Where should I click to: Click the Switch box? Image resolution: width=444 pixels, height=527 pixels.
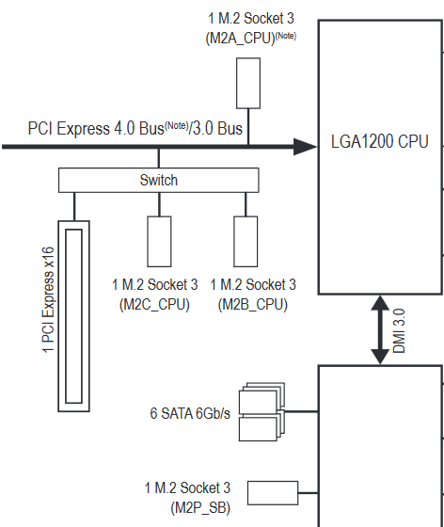click(x=159, y=180)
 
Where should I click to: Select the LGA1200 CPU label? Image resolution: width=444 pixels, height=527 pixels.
click(x=379, y=141)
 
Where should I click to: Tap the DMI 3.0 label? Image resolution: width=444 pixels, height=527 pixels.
click(x=399, y=331)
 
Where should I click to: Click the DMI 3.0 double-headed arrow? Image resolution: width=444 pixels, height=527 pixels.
click(x=380, y=329)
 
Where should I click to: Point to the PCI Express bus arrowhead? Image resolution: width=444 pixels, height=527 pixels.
click(x=305, y=147)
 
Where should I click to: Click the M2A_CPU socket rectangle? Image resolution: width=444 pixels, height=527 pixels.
click(x=248, y=83)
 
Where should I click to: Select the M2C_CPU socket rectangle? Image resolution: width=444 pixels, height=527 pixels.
click(x=159, y=241)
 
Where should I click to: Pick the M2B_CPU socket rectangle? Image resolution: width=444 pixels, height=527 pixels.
click(x=246, y=241)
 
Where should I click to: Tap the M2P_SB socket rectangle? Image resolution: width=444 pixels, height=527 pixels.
click(x=273, y=493)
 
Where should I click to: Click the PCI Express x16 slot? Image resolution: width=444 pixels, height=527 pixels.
click(x=74, y=316)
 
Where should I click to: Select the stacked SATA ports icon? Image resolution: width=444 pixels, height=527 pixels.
click(x=262, y=412)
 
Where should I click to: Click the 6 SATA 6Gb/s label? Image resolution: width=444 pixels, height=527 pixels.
click(x=190, y=413)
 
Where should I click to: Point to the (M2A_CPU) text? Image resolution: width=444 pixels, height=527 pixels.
click(x=241, y=38)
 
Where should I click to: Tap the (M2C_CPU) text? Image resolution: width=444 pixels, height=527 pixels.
click(x=154, y=305)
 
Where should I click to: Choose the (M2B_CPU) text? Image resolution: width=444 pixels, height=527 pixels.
click(x=252, y=305)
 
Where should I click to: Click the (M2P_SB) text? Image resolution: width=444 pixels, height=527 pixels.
click(x=200, y=507)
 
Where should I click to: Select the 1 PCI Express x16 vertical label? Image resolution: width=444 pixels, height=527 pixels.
click(x=48, y=300)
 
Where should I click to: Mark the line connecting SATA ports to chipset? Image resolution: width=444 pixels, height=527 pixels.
click(x=301, y=411)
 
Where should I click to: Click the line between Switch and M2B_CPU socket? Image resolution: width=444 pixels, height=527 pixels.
click(x=246, y=204)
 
